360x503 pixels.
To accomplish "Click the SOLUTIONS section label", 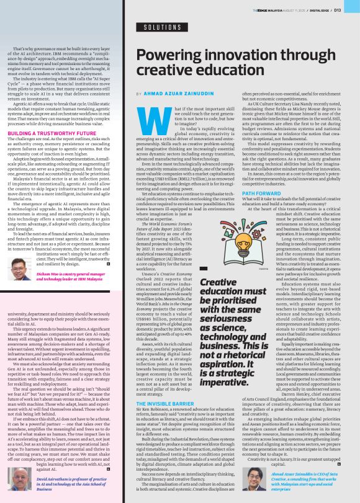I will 163,28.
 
